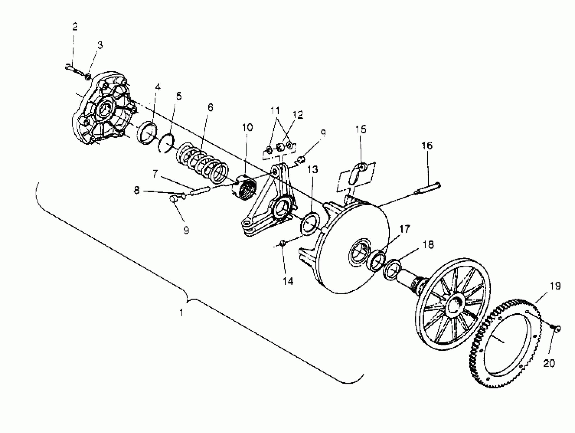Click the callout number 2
[75, 27]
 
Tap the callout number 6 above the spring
[210, 107]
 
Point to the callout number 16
[427, 146]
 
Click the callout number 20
[549, 363]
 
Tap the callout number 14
[288, 281]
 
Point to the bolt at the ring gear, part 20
[556, 329]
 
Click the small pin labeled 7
[200, 190]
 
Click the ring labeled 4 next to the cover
[147, 132]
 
